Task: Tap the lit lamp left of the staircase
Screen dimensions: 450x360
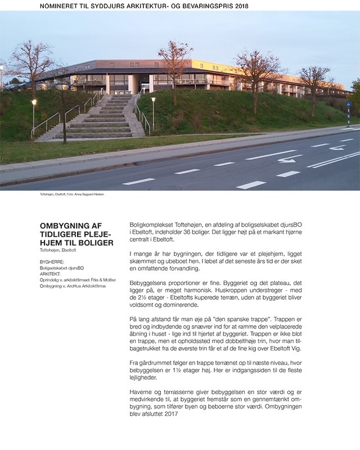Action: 34,102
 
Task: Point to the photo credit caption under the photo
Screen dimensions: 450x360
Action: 67,195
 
